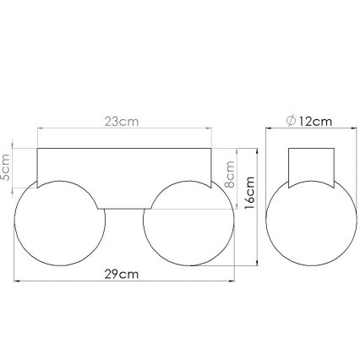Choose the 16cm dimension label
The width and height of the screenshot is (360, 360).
tap(250, 194)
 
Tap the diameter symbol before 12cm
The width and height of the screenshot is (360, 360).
tap(291, 121)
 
